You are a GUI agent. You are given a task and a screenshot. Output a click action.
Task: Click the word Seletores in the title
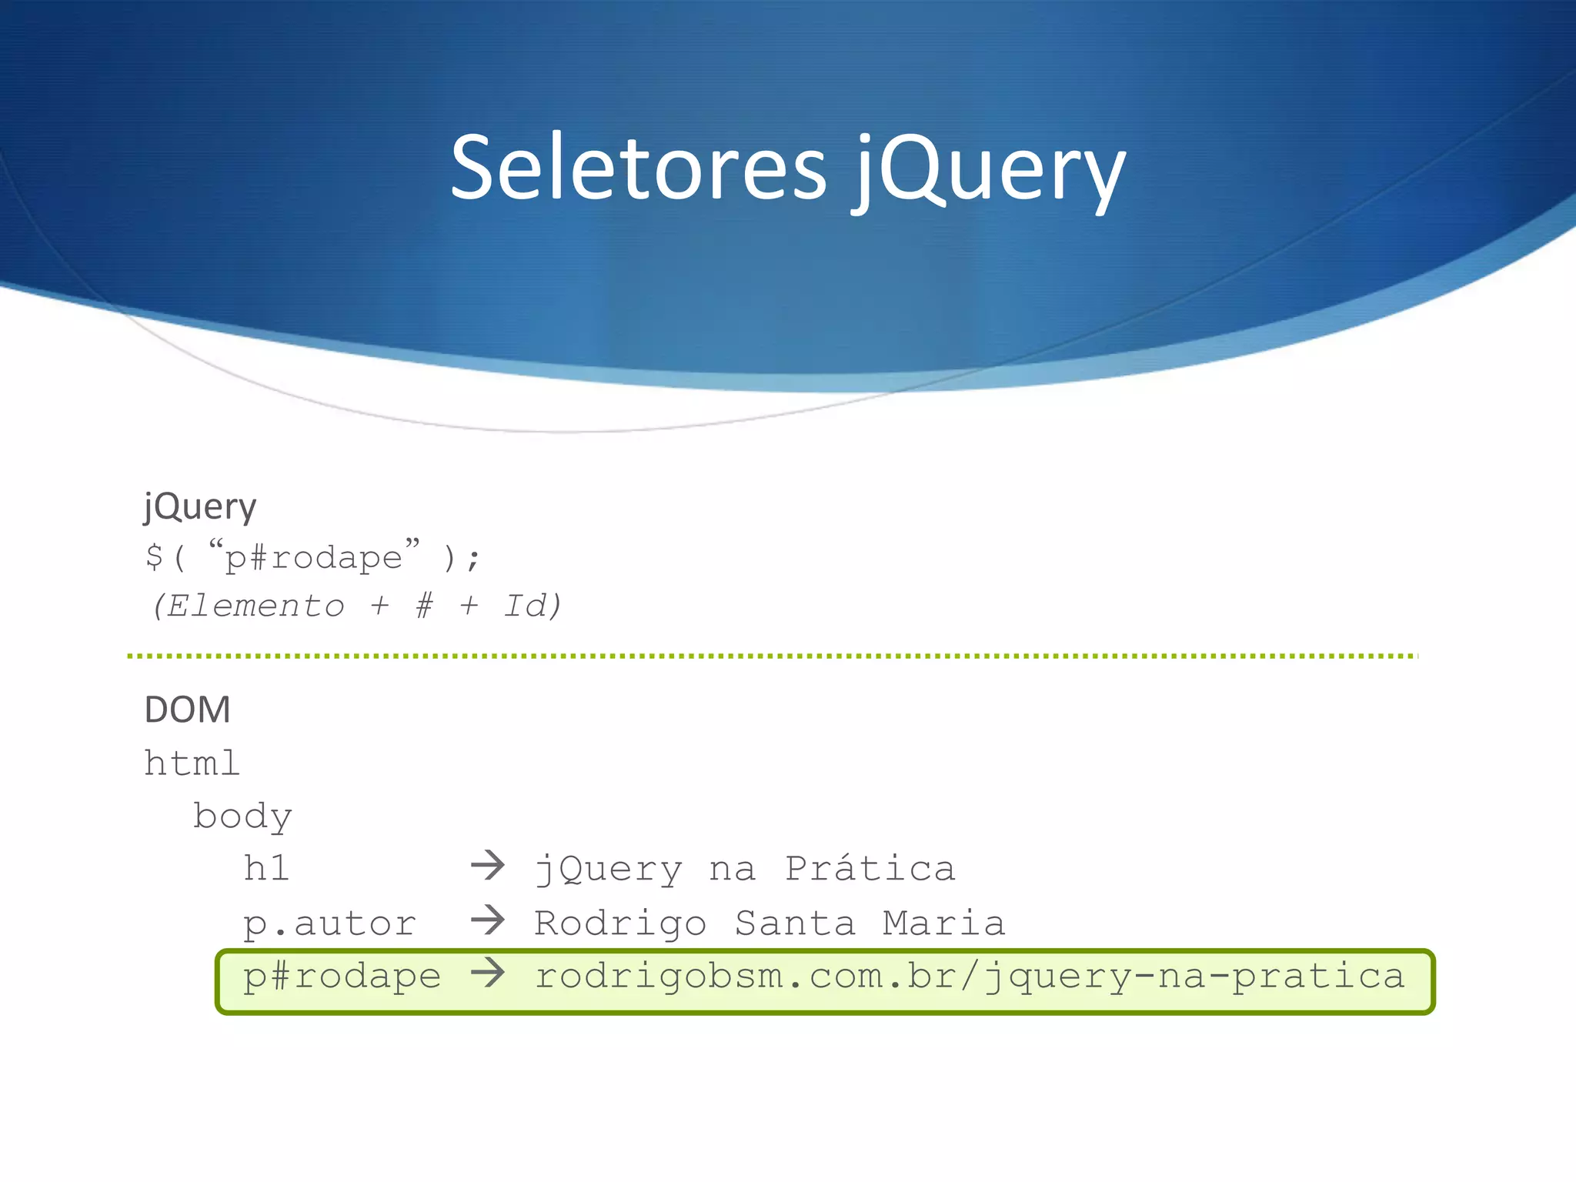(x=638, y=167)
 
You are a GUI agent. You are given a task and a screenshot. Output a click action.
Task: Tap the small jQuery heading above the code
(x=200, y=507)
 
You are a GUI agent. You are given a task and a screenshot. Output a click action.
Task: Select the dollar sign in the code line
(x=154, y=556)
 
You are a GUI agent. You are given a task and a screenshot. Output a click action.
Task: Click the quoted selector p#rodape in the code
(x=314, y=557)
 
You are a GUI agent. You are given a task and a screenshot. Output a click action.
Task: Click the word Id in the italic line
(x=526, y=606)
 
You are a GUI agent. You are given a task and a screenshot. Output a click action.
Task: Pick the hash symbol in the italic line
(x=424, y=606)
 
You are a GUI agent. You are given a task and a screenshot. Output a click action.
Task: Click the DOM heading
(x=187, y=710)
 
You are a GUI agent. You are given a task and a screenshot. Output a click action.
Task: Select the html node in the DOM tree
(x=192, y=763)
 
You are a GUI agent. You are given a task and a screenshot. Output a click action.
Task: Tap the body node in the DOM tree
(x=242, y=816)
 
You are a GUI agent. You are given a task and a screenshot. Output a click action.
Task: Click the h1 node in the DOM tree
(x=266, y=869)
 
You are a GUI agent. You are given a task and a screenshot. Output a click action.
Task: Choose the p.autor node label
(x=329, y=923)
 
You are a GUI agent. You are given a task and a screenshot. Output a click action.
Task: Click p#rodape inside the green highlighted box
(x=342, y=976)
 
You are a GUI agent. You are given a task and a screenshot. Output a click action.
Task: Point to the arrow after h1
(x=488, y=866)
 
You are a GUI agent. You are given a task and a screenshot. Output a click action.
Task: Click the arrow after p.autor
(x=488, y=920)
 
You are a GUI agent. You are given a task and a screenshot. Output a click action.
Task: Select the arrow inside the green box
(x=488, y=973)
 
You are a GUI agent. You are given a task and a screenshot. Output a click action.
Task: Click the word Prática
(x=870, y=869)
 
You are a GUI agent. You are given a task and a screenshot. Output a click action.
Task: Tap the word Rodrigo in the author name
(x=620, y=923)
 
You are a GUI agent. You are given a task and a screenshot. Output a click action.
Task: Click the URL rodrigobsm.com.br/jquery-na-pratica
(x=970, y=976)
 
